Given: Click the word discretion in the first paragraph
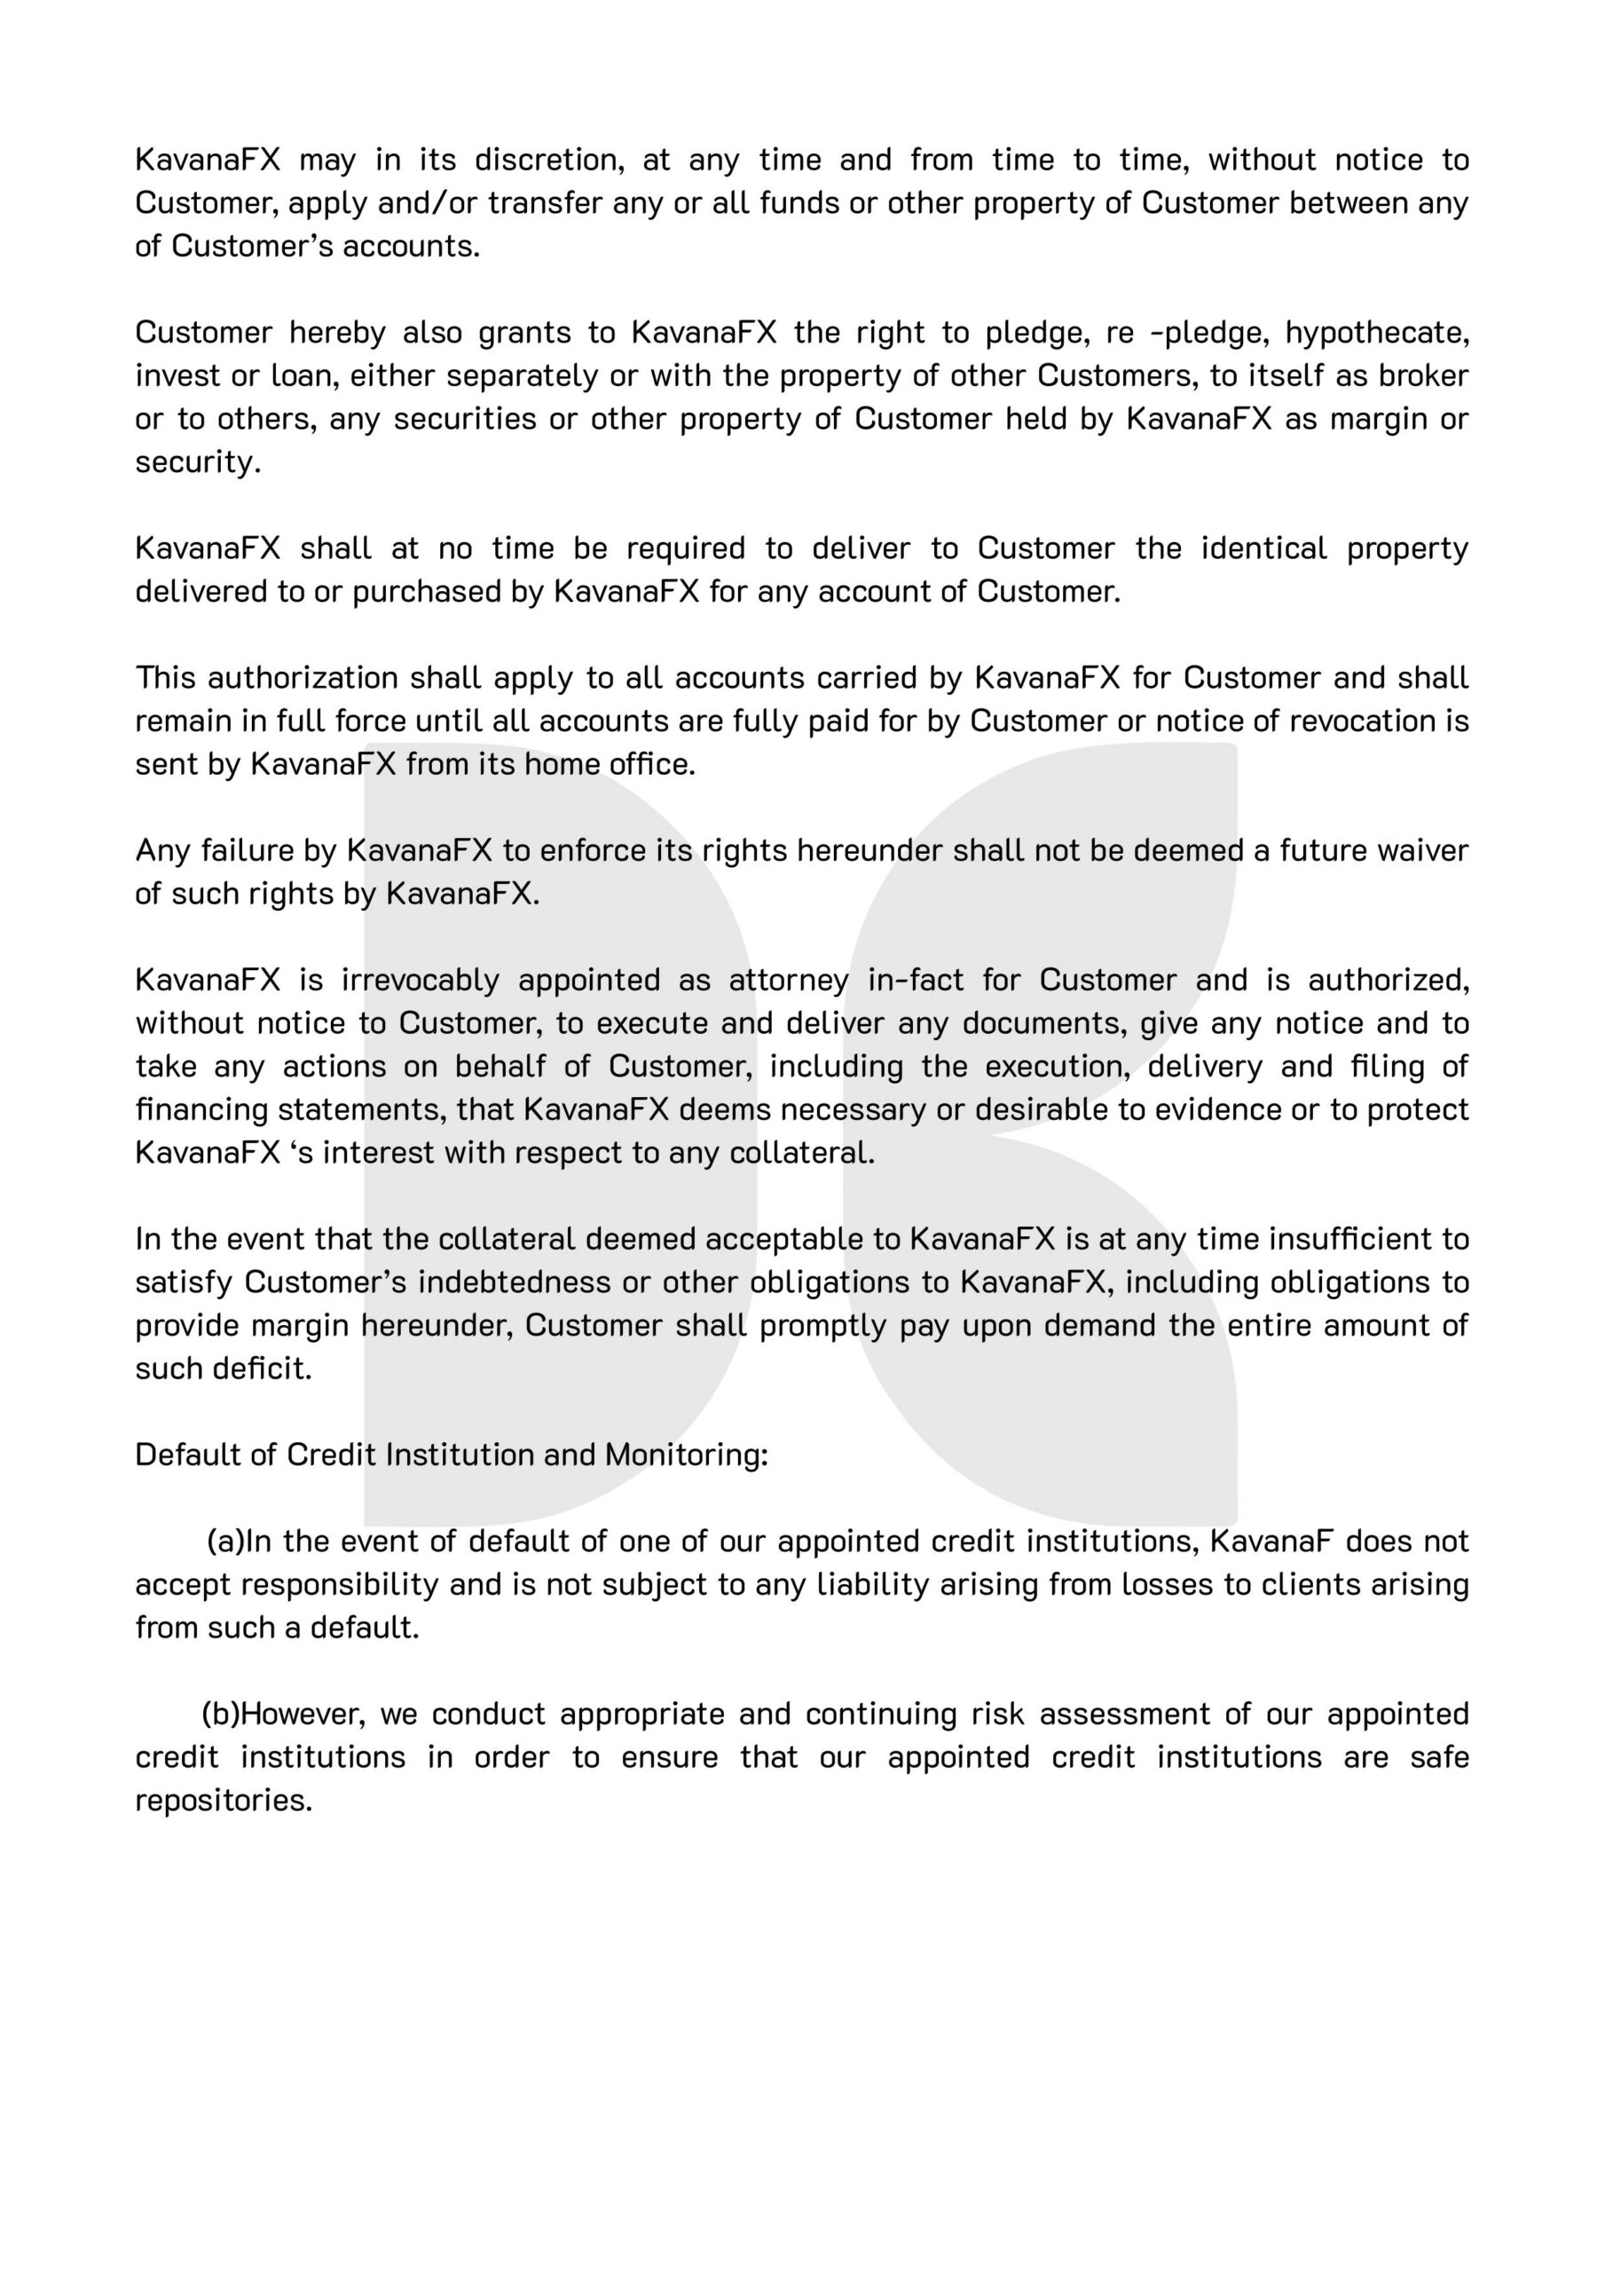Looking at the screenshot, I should [x=548, y=161].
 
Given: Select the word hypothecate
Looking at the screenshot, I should [x=1376, y=334].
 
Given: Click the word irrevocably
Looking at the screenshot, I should [x=421, y=981].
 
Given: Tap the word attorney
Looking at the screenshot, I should [x=789, y=981].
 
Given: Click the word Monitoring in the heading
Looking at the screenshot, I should [x=686, y=1455].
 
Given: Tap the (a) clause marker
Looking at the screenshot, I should [x=224, y=1542].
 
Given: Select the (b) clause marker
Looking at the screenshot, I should [x=221, y=1715].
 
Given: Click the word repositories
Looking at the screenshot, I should [x=224, y=1801].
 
